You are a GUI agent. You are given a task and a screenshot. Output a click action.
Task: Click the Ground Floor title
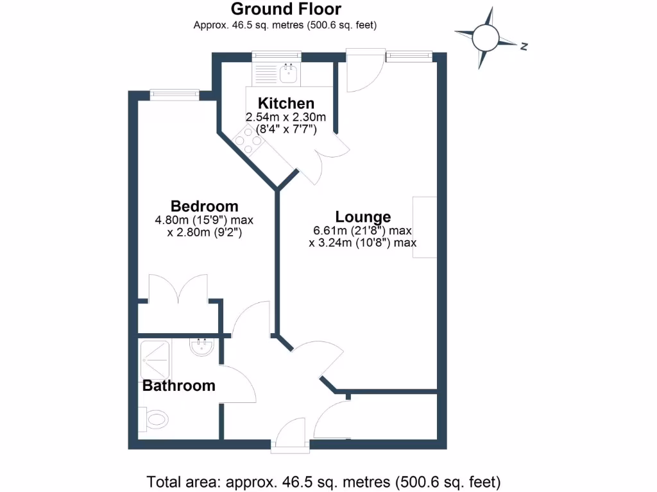[286, 9]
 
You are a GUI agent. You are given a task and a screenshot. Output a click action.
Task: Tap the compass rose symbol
[485, 38]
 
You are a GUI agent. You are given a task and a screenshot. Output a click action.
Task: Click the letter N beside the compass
[524, 46]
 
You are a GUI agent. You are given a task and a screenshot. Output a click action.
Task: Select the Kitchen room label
[286, 103]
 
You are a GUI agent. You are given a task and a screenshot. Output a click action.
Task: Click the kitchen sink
[289, 72]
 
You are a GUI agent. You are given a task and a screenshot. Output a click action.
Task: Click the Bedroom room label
[204, 206]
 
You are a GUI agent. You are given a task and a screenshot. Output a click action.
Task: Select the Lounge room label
[363, 217]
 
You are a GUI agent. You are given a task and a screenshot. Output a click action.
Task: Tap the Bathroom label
[178, 386]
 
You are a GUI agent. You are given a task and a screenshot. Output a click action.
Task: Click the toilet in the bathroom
[154, 420]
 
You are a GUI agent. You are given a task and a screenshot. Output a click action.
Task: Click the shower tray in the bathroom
[156, 359]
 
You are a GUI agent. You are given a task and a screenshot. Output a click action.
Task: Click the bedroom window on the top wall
[174, 95]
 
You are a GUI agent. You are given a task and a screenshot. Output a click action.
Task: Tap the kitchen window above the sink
[276, 56]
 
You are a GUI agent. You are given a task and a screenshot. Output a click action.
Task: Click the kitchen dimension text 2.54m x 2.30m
[286, 117]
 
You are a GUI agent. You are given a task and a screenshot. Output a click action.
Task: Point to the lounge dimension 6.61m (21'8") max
[363, 231]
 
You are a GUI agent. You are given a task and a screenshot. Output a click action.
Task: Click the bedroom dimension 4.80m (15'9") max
[204, 220]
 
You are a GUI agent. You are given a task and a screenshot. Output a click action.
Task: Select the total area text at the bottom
[323, 480]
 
